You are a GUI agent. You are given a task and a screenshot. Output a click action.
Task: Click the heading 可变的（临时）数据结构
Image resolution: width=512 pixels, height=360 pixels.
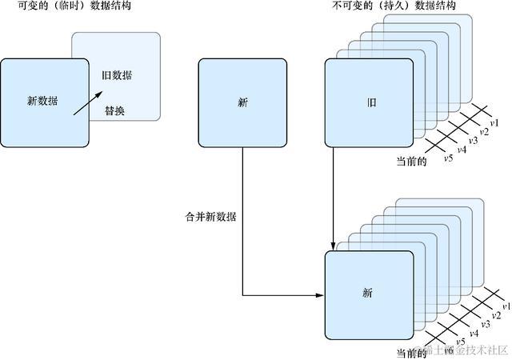click(x=67, y=6)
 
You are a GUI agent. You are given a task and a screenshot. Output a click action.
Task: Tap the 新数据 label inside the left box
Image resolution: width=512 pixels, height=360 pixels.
click(x=44, y=101)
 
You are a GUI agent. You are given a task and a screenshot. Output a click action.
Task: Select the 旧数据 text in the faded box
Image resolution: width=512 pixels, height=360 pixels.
click(x=117, y=76)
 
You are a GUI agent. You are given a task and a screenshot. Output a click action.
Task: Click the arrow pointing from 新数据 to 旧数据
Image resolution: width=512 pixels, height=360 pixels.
click(x=88, y=102)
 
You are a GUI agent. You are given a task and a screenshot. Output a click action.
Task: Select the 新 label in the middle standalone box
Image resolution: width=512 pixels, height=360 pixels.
click(x=242, y=102)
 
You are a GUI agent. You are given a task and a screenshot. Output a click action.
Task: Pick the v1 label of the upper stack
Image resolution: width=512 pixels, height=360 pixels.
click(x=494, y=122)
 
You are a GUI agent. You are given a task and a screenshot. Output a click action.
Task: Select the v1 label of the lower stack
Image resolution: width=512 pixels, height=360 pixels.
click(x=506, y=306)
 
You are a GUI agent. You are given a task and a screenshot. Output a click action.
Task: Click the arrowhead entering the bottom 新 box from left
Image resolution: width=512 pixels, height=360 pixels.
click(x=320, y=296)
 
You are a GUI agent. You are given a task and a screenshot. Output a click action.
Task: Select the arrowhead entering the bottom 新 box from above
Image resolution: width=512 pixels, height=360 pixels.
click(x=332, y=246)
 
